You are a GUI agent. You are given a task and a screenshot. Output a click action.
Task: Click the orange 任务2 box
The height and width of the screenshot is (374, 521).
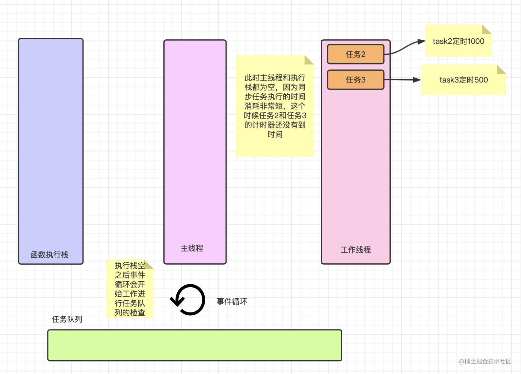point(355,54)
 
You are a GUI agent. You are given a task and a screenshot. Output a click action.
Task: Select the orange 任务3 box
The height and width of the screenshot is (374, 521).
point(355,80)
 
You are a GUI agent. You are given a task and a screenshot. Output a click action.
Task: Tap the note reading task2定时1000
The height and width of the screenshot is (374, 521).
point(458,41)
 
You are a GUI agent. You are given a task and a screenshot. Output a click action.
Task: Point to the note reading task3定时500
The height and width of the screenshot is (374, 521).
point(463,80)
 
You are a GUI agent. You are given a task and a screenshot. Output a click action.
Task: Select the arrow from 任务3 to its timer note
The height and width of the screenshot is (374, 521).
point(403,80)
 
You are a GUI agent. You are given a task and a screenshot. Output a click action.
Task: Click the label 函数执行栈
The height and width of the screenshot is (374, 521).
point(49,255)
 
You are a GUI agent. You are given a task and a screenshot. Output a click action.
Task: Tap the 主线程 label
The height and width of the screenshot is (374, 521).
point(192,248)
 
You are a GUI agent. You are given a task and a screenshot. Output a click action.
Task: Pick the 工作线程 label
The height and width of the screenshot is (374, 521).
point(356,250)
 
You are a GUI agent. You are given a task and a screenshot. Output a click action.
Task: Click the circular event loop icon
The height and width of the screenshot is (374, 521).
point(188,300)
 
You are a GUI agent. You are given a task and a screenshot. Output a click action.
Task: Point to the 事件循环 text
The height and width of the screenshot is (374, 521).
point(232,301)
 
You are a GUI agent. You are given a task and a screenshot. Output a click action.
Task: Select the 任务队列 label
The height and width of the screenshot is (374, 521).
point(67,319)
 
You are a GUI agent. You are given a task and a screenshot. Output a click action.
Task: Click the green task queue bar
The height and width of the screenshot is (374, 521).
point(195,345)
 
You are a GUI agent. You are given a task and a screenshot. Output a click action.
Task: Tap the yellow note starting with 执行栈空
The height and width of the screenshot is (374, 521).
point(130,289)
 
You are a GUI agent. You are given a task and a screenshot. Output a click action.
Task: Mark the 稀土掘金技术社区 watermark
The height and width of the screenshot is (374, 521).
point(485,361)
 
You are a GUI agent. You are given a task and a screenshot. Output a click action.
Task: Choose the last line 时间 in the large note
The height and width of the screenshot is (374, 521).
point(275,134)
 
